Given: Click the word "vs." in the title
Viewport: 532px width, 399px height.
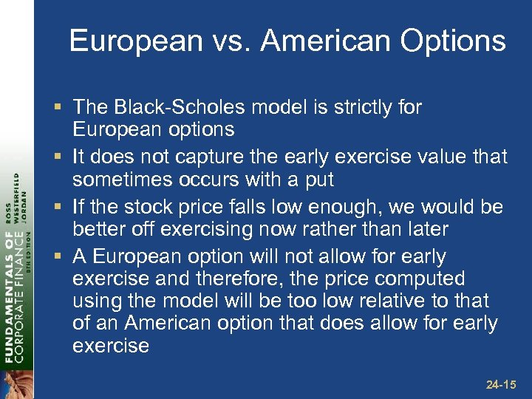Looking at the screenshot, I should point(231,41).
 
